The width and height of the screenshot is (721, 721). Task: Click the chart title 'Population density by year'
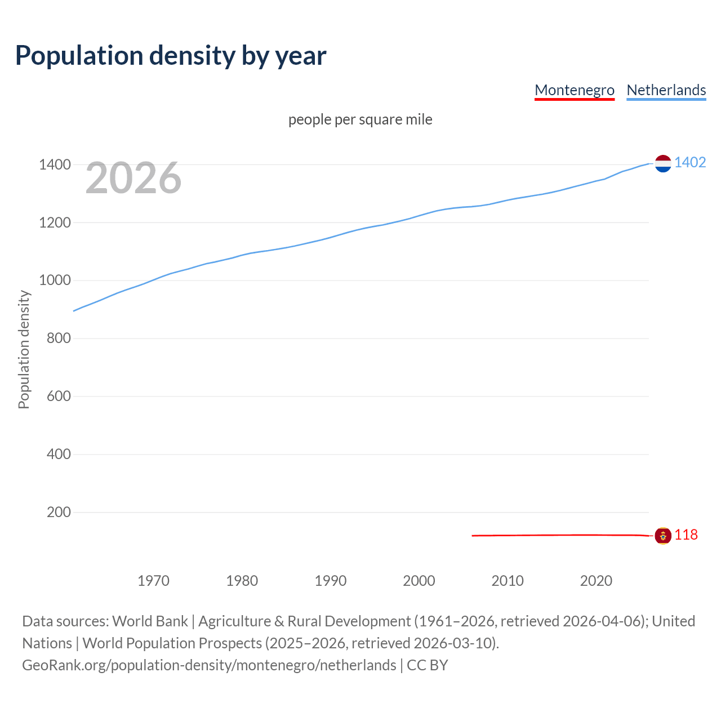(171, 55)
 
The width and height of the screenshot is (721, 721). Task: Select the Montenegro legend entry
(574, 90)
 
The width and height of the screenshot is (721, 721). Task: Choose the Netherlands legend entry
(666, 90)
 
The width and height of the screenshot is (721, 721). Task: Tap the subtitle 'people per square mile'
(360, 119)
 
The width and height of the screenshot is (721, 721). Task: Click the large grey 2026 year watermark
(133, 178)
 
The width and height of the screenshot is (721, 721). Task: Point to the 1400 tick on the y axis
(55, 165)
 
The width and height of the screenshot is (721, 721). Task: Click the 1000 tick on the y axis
(55, 281)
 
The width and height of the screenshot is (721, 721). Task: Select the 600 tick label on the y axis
(58, 396)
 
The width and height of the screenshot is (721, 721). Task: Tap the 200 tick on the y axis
(58, 512)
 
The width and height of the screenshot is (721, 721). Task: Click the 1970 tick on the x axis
(153, 581)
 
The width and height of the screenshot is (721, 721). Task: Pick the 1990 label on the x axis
(331, 581)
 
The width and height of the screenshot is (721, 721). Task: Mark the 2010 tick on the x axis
(508, 581)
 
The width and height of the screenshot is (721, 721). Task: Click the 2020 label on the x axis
(596, 581)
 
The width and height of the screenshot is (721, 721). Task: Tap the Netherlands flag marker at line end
(663, 163)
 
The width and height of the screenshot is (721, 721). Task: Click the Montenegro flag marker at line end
(663, 536)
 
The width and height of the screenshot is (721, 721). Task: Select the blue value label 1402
(690, 163)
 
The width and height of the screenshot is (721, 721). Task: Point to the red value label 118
(686, 535)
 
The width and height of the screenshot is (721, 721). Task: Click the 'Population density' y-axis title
(24, 349)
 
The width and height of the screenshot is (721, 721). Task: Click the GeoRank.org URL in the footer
(209, 665)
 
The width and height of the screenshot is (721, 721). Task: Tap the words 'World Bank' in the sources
(150, 621)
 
